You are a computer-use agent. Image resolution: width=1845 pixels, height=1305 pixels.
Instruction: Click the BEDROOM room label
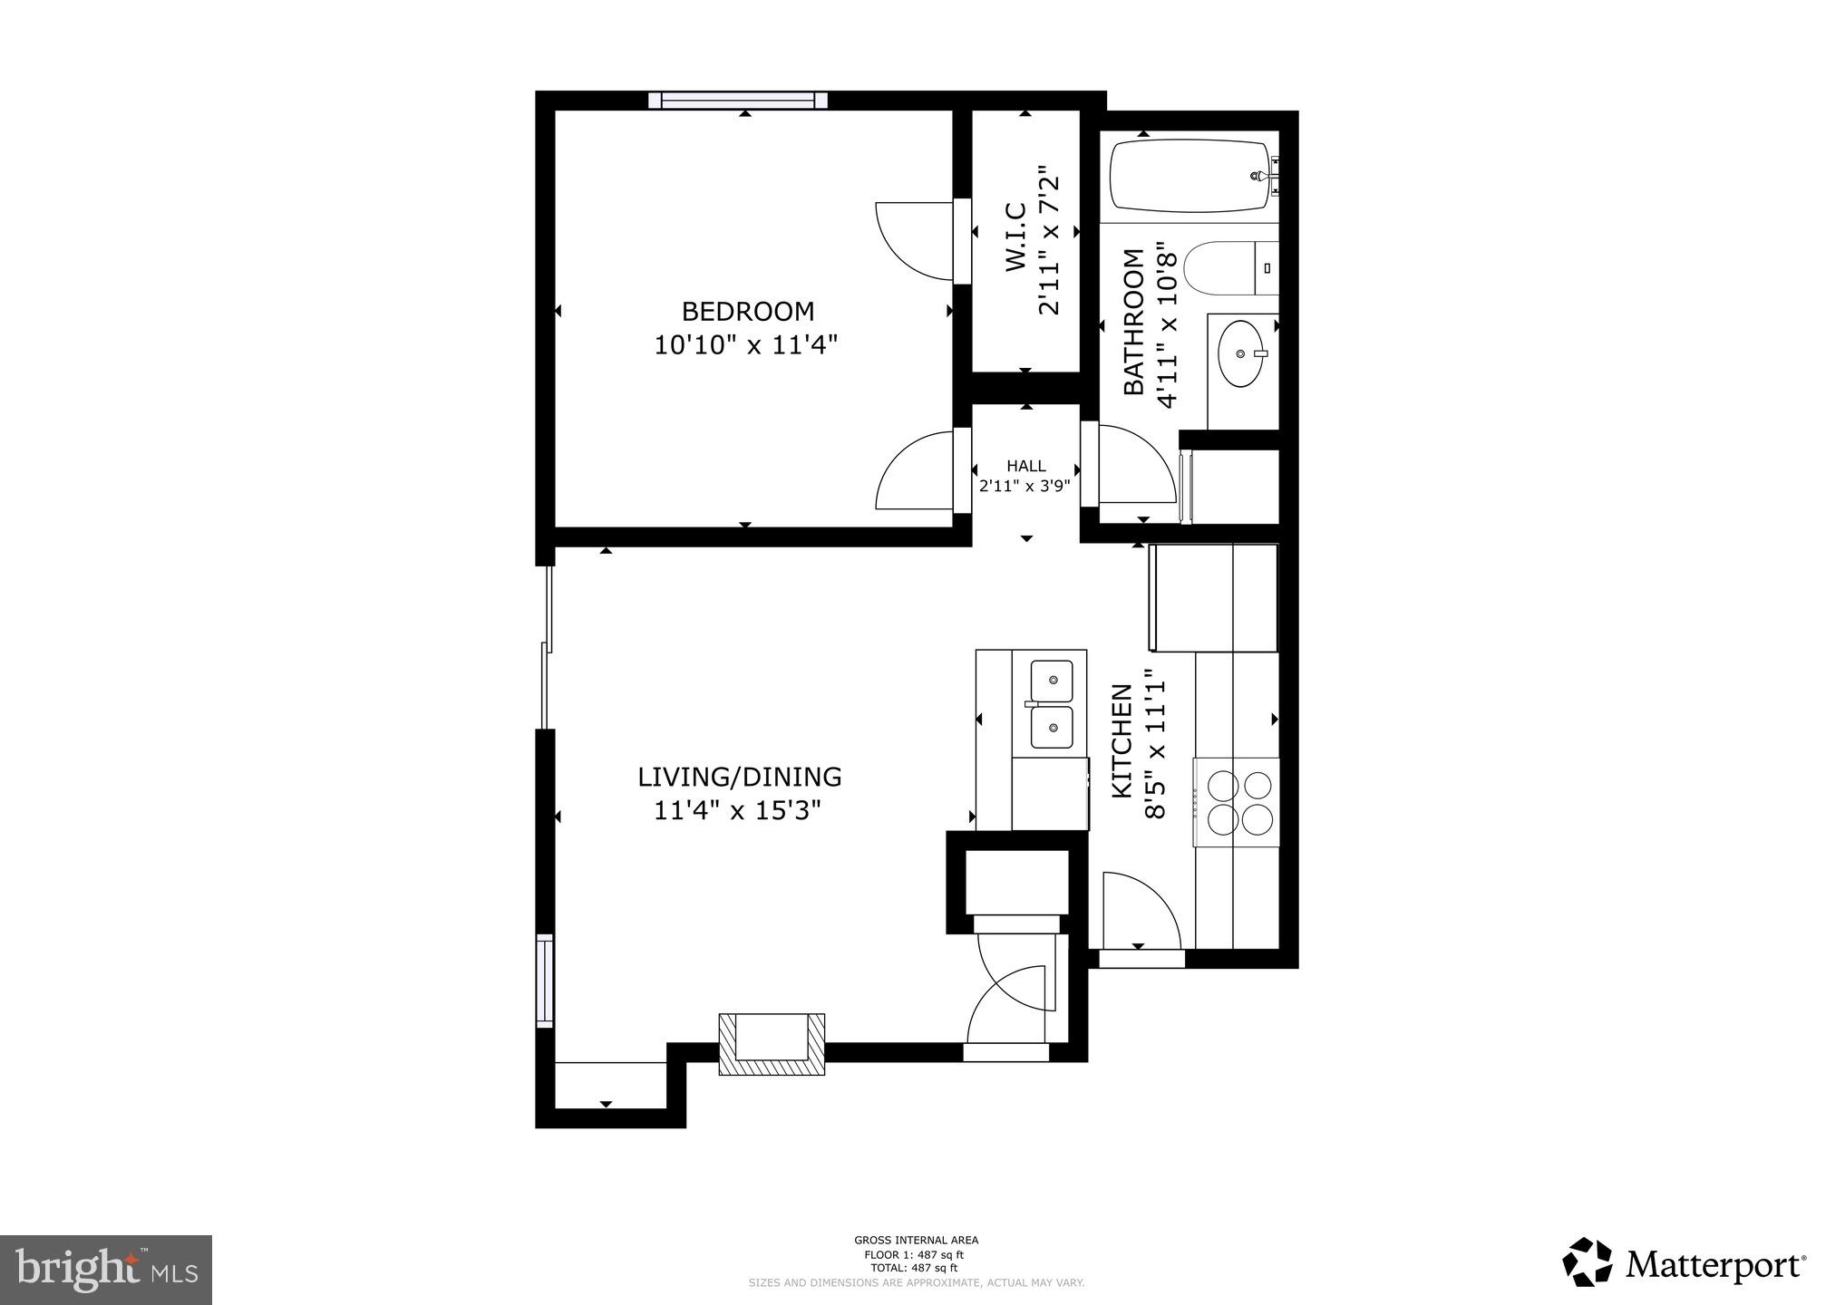747,312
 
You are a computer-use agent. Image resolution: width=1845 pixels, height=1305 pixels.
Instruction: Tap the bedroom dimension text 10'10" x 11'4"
747,345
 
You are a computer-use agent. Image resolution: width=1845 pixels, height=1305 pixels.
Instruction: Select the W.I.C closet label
1015,237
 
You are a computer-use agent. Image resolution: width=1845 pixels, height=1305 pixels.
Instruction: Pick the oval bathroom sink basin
1241,353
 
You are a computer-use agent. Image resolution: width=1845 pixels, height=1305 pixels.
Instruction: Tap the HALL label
1025,466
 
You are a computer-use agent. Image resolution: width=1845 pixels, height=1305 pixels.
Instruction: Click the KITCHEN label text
1122,741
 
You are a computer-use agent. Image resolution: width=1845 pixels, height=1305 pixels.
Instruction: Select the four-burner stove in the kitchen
1237,802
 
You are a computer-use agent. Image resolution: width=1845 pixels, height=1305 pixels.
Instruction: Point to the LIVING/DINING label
739,778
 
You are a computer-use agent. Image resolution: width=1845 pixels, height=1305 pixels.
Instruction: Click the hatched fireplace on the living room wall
772,1044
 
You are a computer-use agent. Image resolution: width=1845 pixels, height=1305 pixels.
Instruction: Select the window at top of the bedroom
743,101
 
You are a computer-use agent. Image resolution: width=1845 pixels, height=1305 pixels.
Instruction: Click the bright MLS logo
106,1270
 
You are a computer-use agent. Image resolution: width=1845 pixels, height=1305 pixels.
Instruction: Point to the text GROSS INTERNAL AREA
916,1241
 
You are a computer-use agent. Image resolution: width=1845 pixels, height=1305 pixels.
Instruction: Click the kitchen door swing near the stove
1141,909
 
